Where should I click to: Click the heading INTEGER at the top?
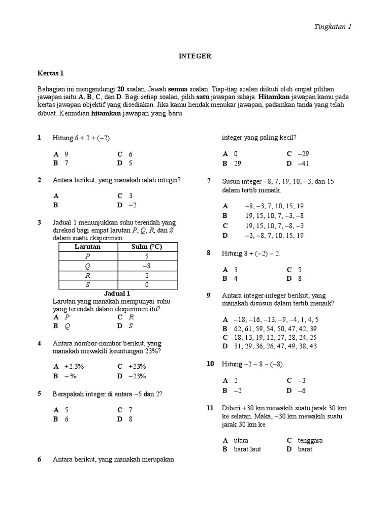(x=195, y=56)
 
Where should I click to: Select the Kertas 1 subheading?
(x=51, y=73)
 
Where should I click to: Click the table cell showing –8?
(x=146, y=266)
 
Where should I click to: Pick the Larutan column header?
(x=88, y=247)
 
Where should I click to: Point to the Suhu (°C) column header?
(x=146, y=247)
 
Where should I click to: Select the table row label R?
(x=88, y=275)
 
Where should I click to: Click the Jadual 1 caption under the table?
(x=117, y=294)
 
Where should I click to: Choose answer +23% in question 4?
(x=137, y=366)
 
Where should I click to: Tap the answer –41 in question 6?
(x=303, y=164)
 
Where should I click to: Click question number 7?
(x=209, y=181)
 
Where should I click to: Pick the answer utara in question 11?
(x=241, y=440)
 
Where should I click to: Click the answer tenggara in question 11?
(x=310, y=440)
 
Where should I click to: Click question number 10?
(x=210, y=364)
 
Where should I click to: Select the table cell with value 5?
(x=146, y=256)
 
